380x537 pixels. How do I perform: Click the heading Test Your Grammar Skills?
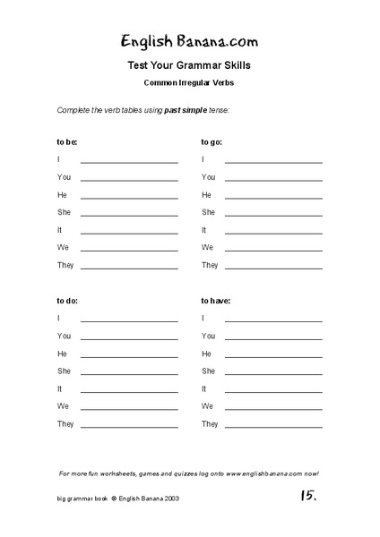[189, 65]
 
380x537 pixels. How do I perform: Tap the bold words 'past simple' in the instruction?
[185, 111]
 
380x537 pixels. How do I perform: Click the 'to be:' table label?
[67, 141]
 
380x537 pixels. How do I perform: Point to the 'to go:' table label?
[212, 141]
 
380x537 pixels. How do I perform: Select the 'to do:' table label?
[67, 301]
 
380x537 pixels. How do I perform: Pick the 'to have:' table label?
[216, 301]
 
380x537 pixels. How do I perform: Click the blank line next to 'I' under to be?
[129, 162]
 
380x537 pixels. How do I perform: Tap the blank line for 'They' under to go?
[273, 268]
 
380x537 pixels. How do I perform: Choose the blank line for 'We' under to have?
[273, 409]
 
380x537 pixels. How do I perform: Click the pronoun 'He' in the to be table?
[62, 194]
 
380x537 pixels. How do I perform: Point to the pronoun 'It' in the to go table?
[204, 230]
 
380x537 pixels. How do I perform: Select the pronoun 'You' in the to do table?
[64, 336]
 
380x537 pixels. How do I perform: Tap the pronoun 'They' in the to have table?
[210, 424]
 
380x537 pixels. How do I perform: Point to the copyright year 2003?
[174, 521]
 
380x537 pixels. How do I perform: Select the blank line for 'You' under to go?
[273, 180]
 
